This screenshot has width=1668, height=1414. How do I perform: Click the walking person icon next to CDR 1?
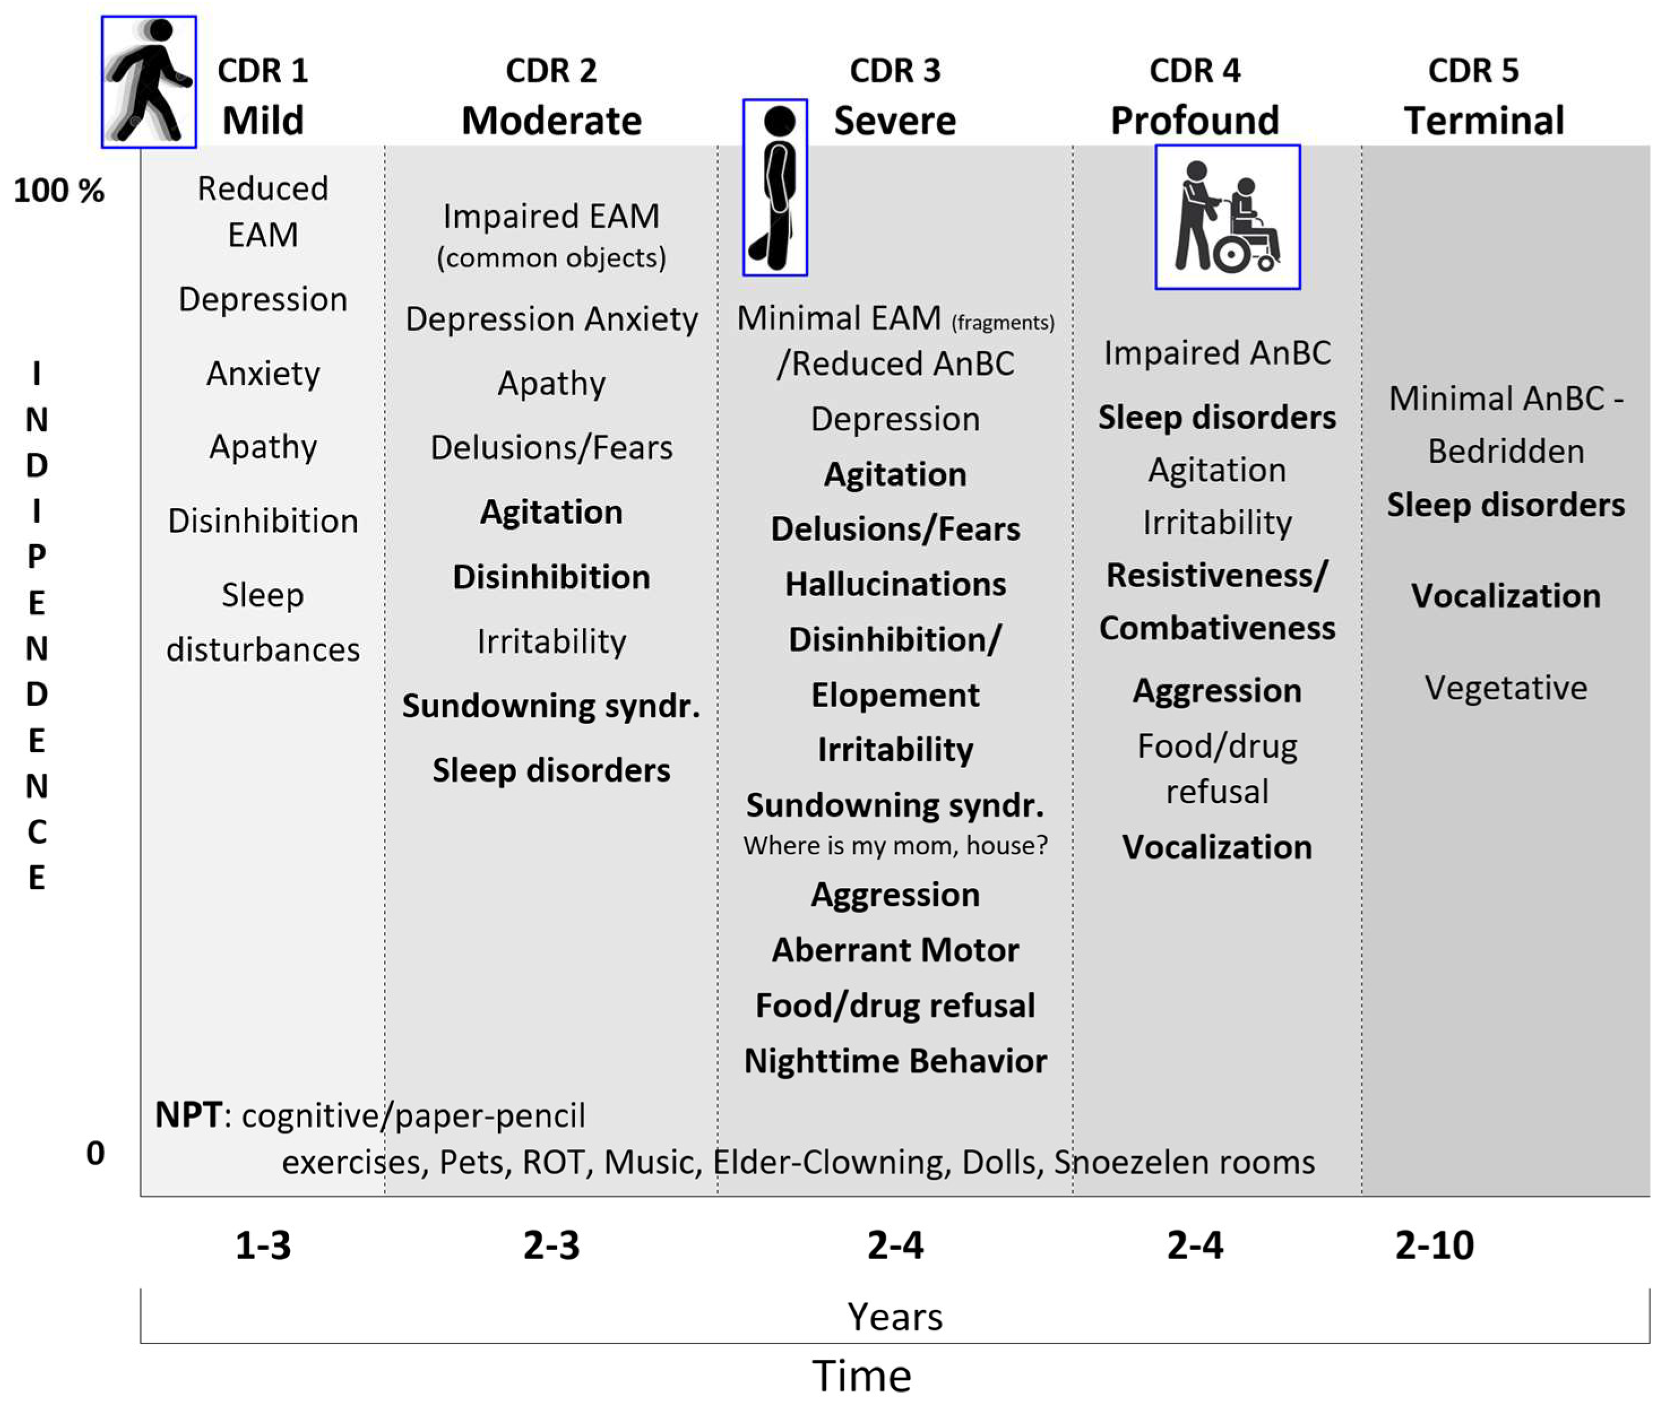pyautogui.click(x=149, y=82)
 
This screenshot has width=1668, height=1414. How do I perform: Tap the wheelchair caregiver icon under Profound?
pyautogui.click(x=1227, y=216)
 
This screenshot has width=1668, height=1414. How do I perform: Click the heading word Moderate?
pyautogui.click(x=552, y=121)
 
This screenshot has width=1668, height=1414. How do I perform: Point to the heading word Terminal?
pyautogui.click(x=1484, y=121)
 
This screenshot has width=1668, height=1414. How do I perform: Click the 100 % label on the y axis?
pyautogui.click(x=59, y=191)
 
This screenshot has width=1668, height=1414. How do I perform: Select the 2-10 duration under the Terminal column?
pyautogui.click(x=1434, y=1245)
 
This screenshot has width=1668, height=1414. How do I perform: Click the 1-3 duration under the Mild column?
pyautogui.click(x=263, y=1245)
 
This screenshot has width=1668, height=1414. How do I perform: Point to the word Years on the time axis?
pyautogui.click(x=895, y=1317)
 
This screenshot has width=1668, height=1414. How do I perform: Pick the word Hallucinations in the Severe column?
pyautogui.click(x=895, y=584)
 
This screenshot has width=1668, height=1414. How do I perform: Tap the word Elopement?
pyautogui.click(x=895, y=695)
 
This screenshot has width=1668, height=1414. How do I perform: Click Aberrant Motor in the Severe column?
pyautogui.click(x=895, y=950)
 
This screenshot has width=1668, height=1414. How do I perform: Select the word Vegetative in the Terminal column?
pyautogui.click(x=1505, y=688)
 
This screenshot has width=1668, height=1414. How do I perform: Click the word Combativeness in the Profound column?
pyautogui.click(x=1217, y=628)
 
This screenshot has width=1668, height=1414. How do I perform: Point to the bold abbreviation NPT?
pyautogui.click(x=188, y=1115)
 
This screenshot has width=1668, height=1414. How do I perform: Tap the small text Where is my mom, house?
pyautogui.click(x=895, y=845)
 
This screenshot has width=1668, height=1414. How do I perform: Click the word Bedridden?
pyautogui.click(x=1505, y=452)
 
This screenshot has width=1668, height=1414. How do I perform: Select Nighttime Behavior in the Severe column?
pyautogui.click(x=895, y=1061)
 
